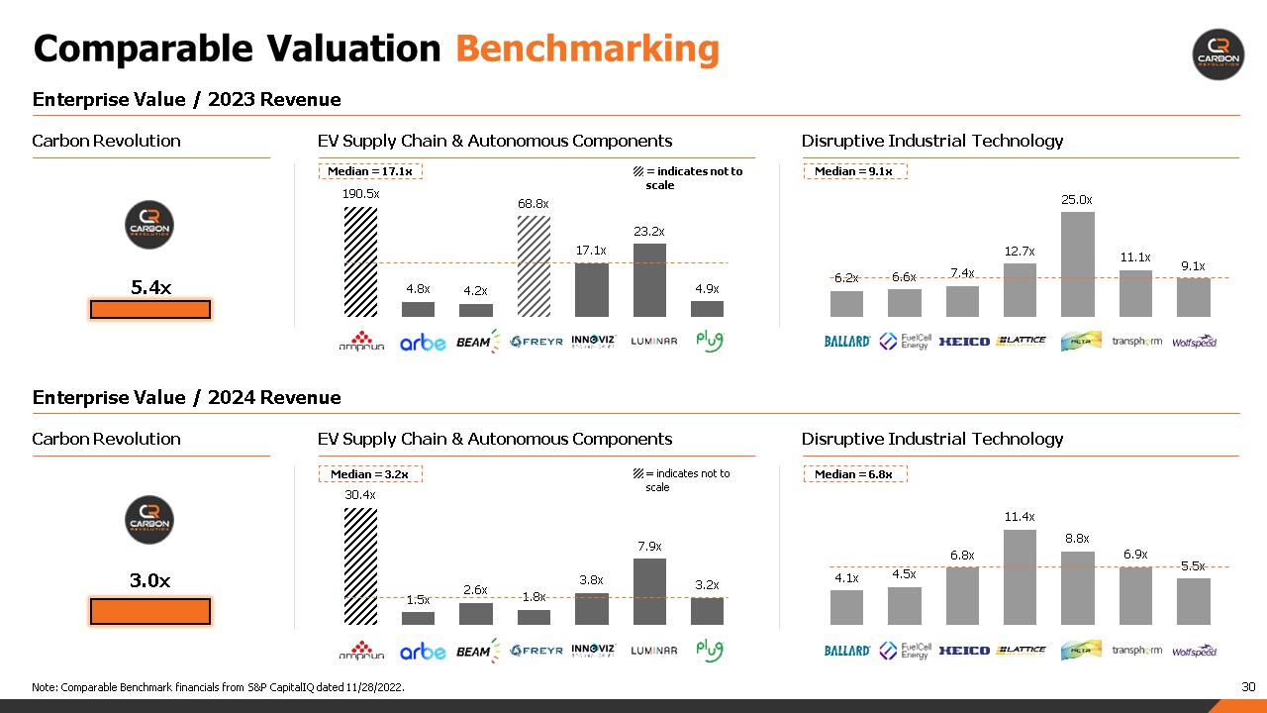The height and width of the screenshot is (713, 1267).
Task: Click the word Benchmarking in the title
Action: point(587,49)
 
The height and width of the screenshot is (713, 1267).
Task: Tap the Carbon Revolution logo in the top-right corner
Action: point(1218,54)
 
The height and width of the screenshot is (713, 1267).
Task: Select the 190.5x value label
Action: point(360,194)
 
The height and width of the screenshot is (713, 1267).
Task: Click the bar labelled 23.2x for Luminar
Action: point(649,279)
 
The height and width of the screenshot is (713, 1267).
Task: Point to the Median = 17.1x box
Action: point(370,171)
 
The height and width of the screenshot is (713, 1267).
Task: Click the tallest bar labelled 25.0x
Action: point(1078,263)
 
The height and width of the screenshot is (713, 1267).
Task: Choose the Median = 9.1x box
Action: point(854,171)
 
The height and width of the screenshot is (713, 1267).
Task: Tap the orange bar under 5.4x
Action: point(150,310)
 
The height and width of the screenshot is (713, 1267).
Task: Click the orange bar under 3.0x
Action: point(150,611)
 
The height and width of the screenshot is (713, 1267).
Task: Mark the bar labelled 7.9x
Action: point(649,591)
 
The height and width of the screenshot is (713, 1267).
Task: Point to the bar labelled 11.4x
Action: point(1020,576)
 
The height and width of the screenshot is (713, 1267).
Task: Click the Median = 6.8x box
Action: point(854,474)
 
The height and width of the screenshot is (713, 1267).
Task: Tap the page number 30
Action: point(1248,686)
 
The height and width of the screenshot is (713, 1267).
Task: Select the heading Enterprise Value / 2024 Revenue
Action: point(187,397)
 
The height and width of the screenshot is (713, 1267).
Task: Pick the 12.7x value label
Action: point(1020,252)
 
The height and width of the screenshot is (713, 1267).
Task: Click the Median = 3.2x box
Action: point(370,474)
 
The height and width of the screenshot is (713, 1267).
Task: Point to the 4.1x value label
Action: point(845,577)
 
